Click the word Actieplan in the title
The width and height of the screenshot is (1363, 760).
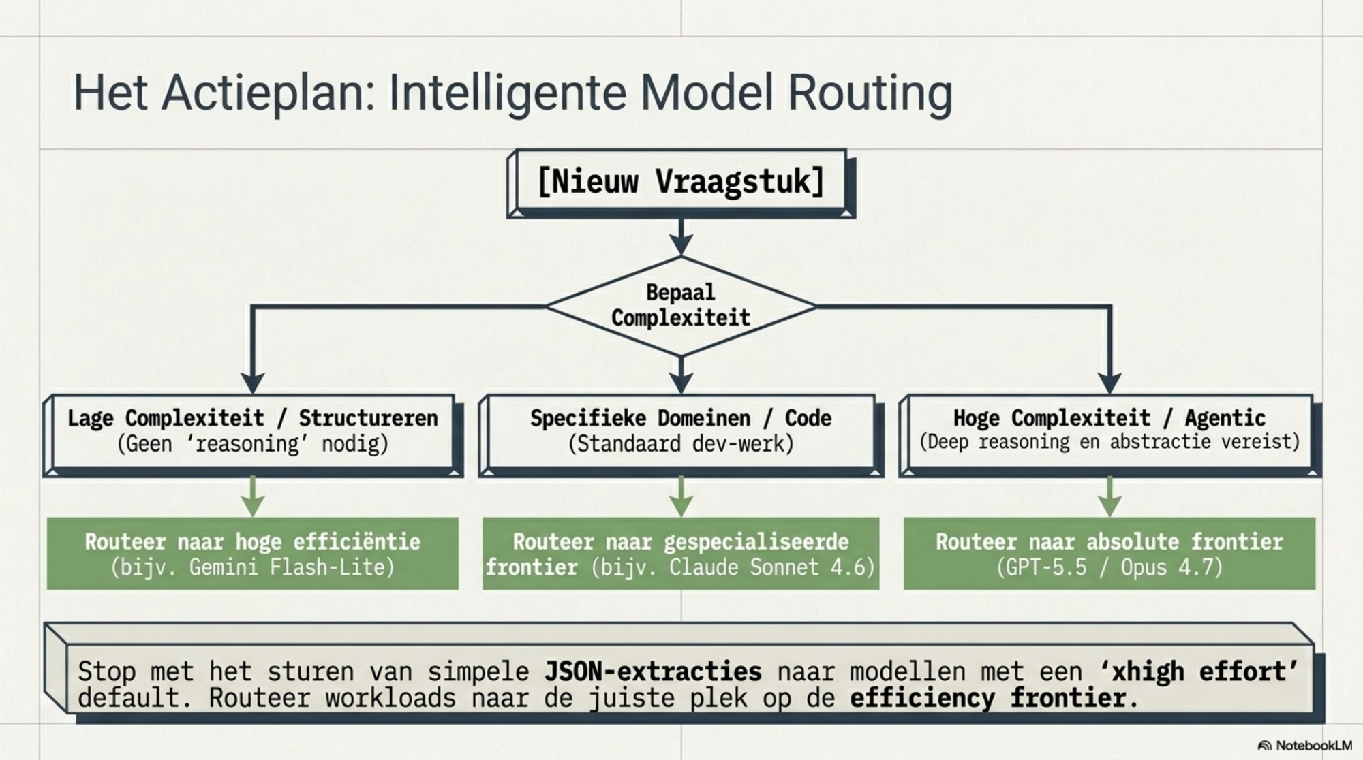[269, 93]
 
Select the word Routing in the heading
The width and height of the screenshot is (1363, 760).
[870, 93]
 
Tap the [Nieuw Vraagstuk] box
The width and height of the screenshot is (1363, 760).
[681, 183]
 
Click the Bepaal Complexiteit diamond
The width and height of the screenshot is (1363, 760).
[681, 306]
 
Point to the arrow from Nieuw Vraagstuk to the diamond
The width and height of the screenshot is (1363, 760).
[681, 237]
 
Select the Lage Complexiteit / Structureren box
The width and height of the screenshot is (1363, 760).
[253, 434]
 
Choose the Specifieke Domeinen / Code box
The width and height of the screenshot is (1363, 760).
[681, 434]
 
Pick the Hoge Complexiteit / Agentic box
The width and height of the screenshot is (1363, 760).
[1109, 434]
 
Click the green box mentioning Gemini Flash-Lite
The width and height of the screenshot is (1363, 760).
[253, 553]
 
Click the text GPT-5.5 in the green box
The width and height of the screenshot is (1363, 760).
[1045, 567]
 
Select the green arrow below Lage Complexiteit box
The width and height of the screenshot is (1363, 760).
[253, 496]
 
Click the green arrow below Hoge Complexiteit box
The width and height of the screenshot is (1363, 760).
[1109, 496]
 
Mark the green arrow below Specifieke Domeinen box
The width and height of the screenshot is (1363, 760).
[681, 496]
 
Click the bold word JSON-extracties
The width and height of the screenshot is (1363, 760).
[653, 671]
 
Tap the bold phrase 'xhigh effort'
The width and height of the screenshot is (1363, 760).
[1200, 671]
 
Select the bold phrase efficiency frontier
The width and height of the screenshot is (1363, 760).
[987, 698]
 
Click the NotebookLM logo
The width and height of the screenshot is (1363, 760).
[1305, 746]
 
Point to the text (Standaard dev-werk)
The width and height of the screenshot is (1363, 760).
[681, 444]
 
